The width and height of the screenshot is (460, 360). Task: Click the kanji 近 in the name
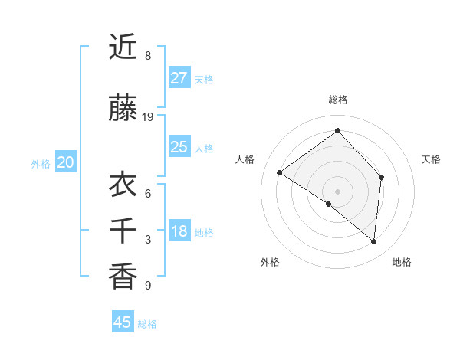(123, 48)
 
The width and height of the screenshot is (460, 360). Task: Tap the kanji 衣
(123, 185)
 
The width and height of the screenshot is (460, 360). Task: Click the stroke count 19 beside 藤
(148, 117)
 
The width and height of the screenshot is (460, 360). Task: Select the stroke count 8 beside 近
(148, 56)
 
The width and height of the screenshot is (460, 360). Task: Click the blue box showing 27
(179, 78)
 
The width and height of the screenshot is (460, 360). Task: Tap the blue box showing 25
(179, 147)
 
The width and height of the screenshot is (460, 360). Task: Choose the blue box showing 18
(179, 231)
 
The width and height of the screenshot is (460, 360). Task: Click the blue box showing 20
(66, 162)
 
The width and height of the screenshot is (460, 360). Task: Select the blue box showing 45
(123, 322)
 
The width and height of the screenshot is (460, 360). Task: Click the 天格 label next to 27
(204, 79)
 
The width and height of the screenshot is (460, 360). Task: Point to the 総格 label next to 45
(147, 324)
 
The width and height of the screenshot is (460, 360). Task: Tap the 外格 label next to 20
(41, 163)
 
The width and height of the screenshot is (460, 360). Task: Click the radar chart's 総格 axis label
(337, 100)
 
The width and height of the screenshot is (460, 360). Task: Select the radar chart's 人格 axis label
(245, 159)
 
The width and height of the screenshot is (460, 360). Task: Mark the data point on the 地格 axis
(373, 241)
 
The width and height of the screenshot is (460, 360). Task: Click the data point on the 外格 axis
(329, 204)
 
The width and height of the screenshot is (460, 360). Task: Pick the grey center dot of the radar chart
(337, 191)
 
